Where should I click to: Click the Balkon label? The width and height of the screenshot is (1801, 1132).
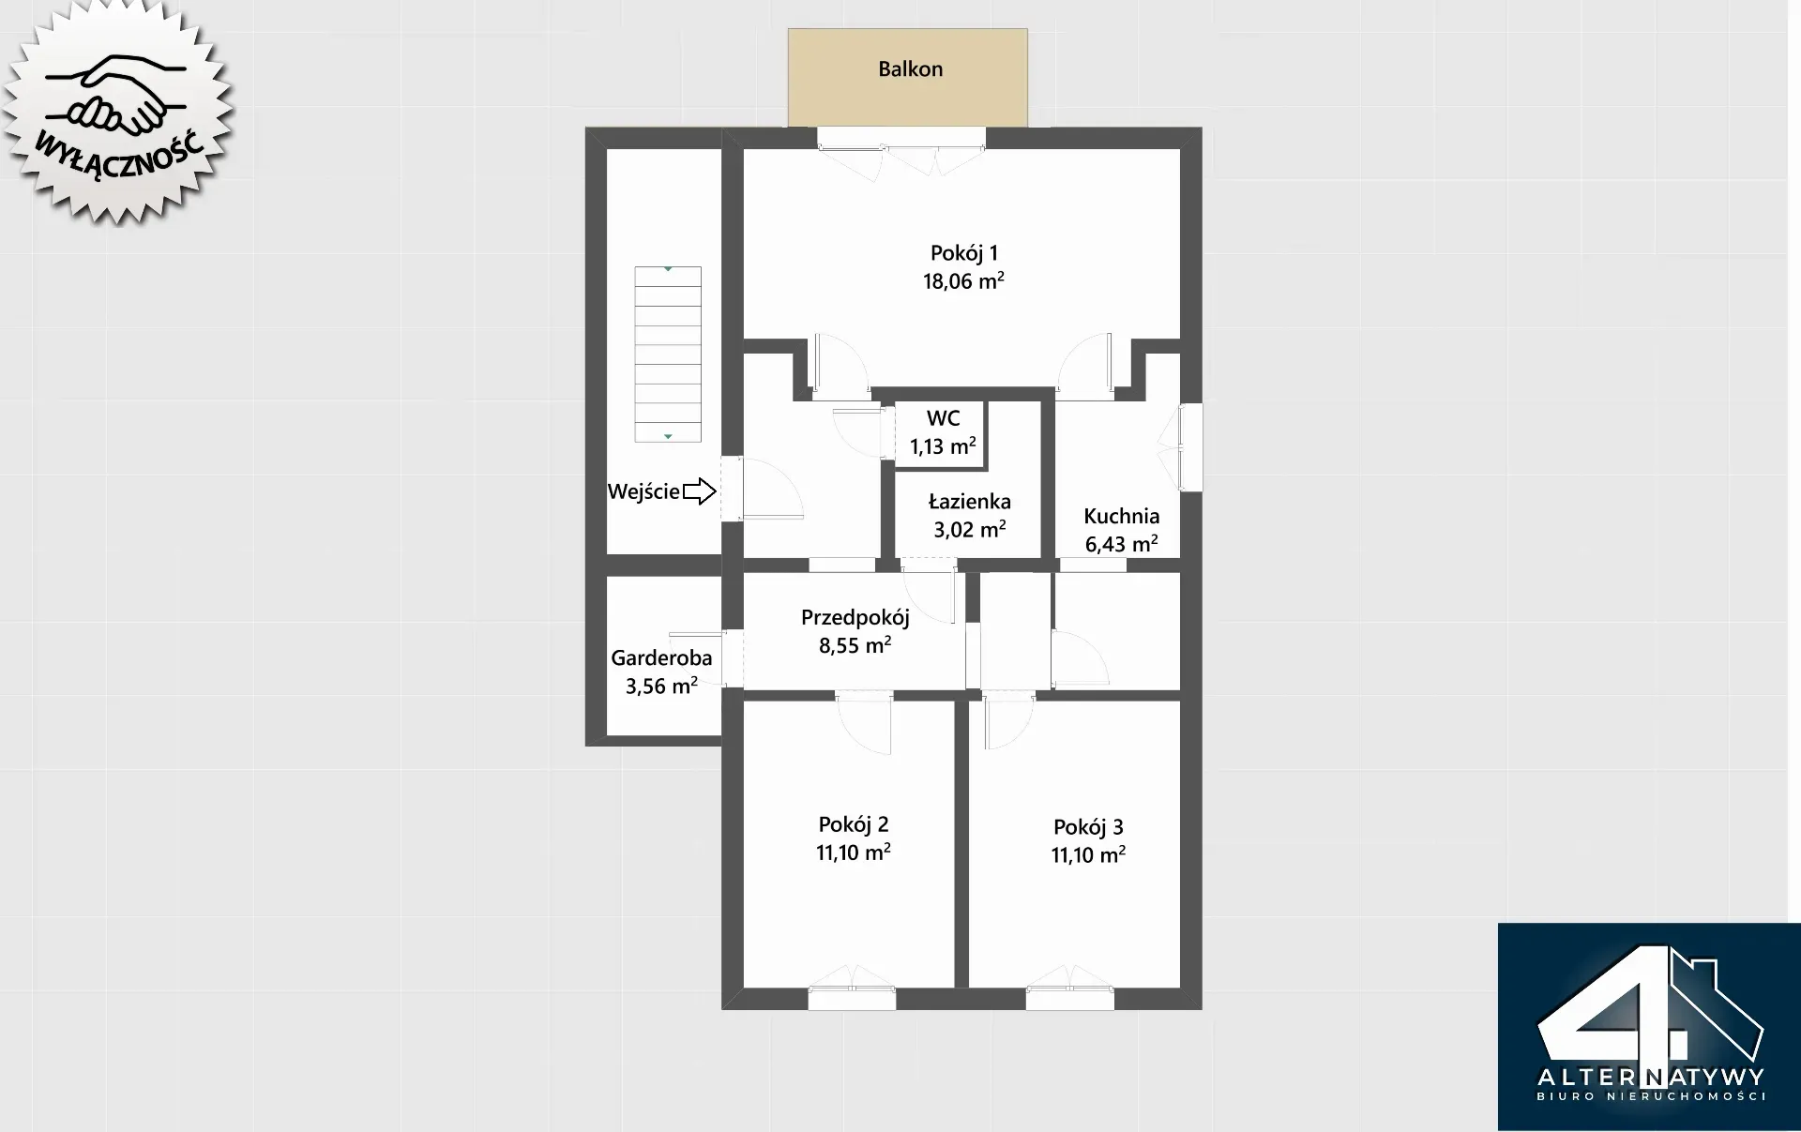pyautogui.click(x=910, y=69)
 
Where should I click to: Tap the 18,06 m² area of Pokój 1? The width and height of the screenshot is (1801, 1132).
pyautogui.click(x=963, y=280)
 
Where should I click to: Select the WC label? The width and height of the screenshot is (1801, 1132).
pyautogui.click(x=943, y=418)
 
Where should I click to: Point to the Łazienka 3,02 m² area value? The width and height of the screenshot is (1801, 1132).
pyautogui.click(x=969, y=529)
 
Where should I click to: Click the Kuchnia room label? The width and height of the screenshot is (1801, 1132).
pyautogui.click(x=1121, y=516)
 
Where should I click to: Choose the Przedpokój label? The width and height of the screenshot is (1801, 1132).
pyautogui.click(x=855, y=618)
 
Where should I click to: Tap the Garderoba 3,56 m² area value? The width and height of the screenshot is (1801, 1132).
pyautogui.click(x=661, y=686)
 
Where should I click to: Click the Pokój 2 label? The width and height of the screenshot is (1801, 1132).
pyautogui.click(x=853, y=824)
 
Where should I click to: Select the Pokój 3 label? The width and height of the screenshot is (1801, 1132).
pyautogui.click(x=1088, y=827)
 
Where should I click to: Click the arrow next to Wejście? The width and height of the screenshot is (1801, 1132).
pyautogui.click(x=699, y=491)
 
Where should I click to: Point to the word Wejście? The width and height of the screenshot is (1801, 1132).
pyautogui.click(x=643, y=491)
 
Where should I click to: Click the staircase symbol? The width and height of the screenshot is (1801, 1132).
pyautogui.click(x=668, y=355)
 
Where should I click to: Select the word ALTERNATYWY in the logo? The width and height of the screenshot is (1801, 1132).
pyautogui.click(x=1651, y=1076)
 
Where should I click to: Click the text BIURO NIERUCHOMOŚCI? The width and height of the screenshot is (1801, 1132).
pyautogui.click(x=1651, y=1096)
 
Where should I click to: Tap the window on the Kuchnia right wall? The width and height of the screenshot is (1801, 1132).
pyautogui.click(x=1190, y=447)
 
